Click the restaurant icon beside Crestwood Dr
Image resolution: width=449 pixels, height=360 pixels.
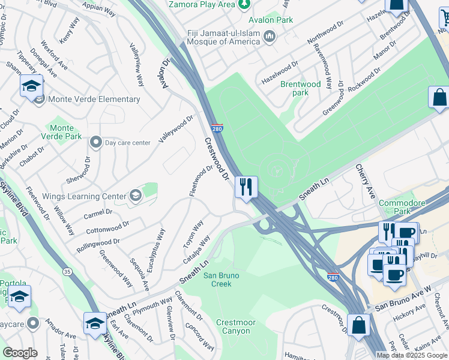[246, 187]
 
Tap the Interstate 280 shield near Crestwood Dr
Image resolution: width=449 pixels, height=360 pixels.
[217, 128]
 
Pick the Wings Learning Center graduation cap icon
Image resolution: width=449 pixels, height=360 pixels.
[136, 196]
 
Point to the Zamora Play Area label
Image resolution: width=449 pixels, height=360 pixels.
[201, 5]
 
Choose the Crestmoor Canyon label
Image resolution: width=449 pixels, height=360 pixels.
[236, 327]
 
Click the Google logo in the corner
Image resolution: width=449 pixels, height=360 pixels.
[20, 353]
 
